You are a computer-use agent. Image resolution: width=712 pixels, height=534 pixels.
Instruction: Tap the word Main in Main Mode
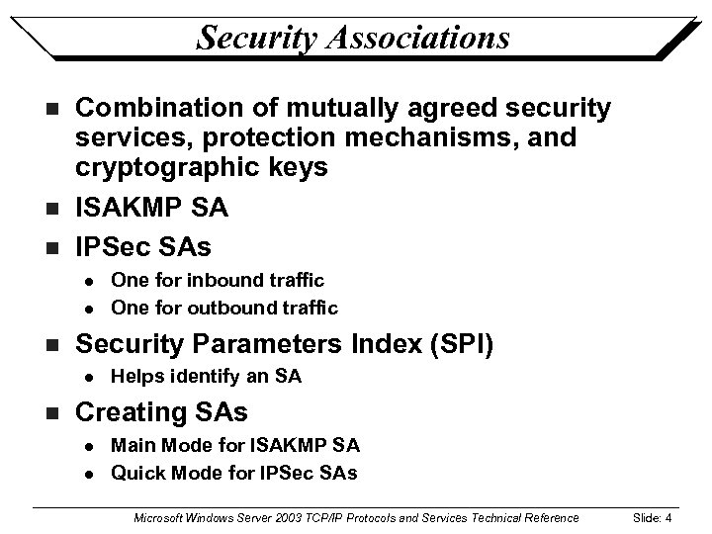click(131, 447)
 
